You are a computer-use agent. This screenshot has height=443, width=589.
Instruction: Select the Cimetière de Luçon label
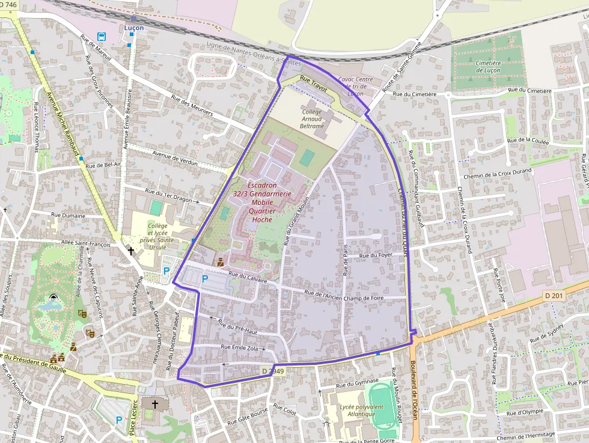coord(488,67)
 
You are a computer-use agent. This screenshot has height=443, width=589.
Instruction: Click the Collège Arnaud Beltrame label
coord(312,119)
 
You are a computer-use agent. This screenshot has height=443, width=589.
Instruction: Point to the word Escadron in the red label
coord(262,185)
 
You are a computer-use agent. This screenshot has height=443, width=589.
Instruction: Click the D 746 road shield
coord(9,5)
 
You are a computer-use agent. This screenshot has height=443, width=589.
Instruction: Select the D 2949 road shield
coord(272,372)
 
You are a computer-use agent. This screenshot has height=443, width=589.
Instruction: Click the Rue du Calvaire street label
coord(247,276)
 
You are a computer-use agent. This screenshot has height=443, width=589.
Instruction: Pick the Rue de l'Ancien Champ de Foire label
coord(343,295)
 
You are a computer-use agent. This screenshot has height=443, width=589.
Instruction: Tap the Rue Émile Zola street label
coord(239,347)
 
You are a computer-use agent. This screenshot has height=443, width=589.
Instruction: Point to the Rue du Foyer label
coord(376,255)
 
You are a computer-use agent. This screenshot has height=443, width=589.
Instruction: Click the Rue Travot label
coord(313,82)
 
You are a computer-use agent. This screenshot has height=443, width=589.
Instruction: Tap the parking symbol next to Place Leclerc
coord(118,420)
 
